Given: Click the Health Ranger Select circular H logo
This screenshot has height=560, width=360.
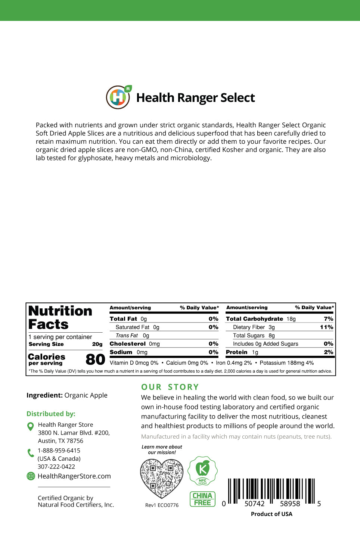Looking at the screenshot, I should (118, 97).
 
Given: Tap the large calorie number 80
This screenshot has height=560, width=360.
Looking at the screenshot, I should (95, 359).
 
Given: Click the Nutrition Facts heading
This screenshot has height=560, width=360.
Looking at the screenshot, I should (60, 317).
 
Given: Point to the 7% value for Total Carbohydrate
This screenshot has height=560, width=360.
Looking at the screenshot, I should (328, 319).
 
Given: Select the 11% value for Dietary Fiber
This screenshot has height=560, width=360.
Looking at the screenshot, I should (326, 327).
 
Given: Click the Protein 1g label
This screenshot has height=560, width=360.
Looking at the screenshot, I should (242, 352).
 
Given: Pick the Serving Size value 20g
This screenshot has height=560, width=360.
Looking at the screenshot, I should (97, 344).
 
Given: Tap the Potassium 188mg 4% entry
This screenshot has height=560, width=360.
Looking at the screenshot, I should (286, 363).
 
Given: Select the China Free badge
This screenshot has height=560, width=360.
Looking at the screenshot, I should (202, 499).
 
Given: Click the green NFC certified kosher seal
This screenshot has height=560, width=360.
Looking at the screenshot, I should (202, 471).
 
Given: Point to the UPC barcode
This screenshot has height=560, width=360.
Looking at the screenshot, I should (271, 492).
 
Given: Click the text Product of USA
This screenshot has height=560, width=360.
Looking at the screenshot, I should (271, 514).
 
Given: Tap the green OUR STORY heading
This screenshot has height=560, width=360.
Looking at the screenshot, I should (170, 387).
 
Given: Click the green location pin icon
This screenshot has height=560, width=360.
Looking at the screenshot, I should (31, 426).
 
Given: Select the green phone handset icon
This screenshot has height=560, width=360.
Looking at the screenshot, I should (31, 453).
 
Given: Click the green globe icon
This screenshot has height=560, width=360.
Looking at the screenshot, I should (31, 476).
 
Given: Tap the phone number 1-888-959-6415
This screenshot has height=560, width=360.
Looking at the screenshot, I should (59, 451).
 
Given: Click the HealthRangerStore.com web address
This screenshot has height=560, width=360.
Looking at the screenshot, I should (74, 476).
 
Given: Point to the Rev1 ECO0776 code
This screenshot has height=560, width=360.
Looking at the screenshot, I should (162, 505).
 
